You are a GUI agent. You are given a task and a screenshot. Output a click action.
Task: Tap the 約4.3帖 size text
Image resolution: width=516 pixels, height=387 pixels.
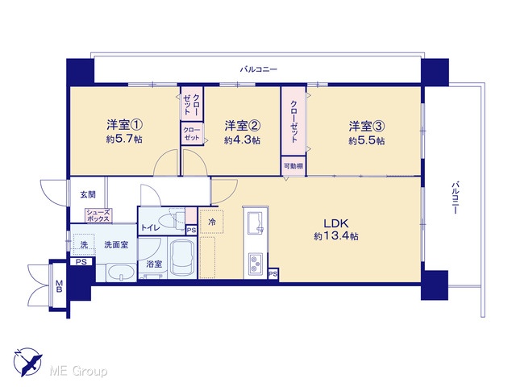(242, 140)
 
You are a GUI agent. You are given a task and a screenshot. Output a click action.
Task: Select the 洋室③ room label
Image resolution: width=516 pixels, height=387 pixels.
(367, 126)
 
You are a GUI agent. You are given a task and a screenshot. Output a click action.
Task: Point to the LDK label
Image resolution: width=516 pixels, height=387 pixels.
(336, 224)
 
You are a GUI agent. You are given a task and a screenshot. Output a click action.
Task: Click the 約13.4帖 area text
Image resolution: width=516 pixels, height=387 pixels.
(336, 236)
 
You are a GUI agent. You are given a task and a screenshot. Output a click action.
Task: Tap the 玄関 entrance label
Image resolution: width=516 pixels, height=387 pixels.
(88, 195)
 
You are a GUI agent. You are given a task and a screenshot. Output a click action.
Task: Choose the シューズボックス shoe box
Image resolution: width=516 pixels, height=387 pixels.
(98, 215)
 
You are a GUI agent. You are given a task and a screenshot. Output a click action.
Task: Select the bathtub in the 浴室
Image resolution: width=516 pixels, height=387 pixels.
(181, 259)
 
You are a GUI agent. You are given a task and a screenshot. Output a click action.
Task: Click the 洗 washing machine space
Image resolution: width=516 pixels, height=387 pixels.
(84, 244)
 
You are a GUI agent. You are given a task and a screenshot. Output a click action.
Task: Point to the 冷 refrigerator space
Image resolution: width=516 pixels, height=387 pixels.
(211, 222)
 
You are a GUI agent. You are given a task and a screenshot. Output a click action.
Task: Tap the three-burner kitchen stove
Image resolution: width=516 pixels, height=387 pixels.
(256, 264)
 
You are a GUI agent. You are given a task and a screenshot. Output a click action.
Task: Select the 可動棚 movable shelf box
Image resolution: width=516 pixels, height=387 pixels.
(293, 166)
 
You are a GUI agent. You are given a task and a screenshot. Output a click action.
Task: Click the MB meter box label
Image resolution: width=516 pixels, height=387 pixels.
(59, 285)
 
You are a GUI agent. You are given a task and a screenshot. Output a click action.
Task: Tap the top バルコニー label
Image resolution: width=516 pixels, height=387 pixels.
(259, 69)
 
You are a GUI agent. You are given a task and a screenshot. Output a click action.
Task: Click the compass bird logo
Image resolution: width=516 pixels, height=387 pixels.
(28, 362)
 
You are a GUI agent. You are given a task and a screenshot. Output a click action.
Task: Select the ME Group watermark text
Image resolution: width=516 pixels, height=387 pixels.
(78, 372)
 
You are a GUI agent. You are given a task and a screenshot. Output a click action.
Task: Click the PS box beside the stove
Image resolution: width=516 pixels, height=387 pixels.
(273, 274)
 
